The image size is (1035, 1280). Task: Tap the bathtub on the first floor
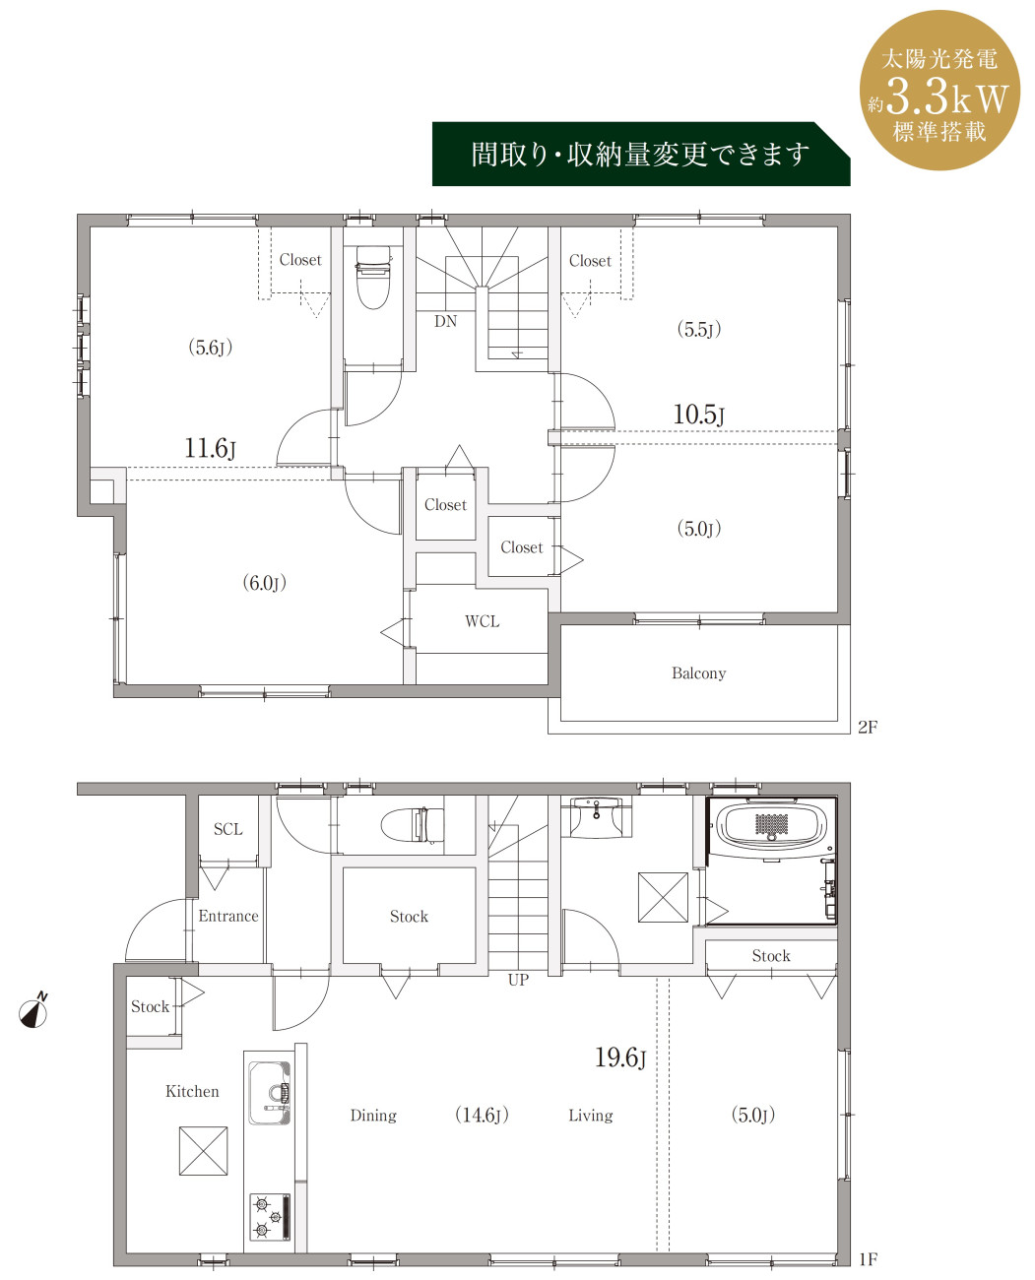[770, 826]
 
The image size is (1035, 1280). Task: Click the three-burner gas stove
[270, 1216]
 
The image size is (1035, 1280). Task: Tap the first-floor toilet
[413, 825]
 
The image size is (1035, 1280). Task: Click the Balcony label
[698, 673]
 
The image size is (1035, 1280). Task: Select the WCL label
[482, 621]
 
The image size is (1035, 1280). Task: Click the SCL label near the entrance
[227, 829]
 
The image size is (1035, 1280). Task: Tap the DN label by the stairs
[445, 322]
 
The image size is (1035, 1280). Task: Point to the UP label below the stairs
[518, 980]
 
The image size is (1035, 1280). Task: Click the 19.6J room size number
[620, 1057]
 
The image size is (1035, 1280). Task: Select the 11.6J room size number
[210, 448]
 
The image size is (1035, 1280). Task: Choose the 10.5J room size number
[698, 415]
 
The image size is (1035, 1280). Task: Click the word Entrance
[228, 916]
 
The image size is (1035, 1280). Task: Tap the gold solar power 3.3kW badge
[939, 90]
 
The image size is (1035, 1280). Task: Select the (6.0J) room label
[264, 582]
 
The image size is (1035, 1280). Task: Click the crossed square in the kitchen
[203, 1151]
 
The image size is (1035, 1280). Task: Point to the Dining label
[373, 1116]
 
